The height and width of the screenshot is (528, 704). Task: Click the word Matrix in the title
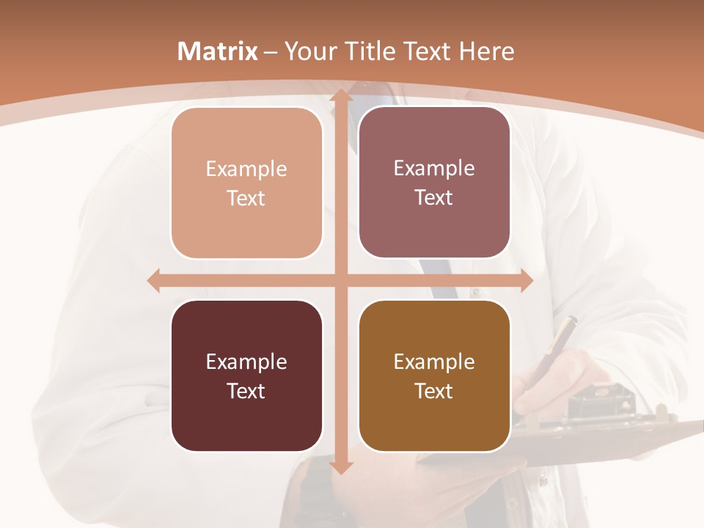tap(218, 51)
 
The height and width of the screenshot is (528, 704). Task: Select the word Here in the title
tap(486, 51)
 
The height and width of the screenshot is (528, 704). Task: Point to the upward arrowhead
tap(340, 95)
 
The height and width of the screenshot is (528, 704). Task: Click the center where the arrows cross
tap(340, 280)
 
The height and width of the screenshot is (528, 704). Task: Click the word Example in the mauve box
tap(434, 169)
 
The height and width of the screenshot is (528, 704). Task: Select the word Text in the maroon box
tap(246, 391)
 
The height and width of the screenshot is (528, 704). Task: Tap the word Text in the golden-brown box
tap(434, 391)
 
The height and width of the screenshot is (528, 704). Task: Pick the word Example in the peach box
tap(246, 169)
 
